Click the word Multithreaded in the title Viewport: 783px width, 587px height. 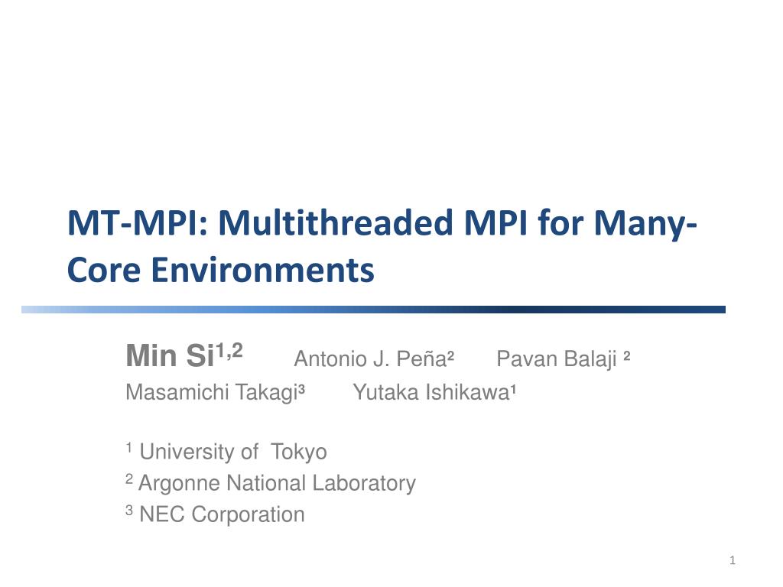pyautogui.click(x=336, y=222)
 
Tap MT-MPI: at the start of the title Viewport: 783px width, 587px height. pyautogui.click(x=138, y=222)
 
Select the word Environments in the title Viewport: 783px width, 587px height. pyautogui.click(x=263, y=270)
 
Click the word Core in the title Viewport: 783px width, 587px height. pyautogui.click(x=104, y=270)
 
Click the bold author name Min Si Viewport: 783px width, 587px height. pyautogui.click(x=171, y=355)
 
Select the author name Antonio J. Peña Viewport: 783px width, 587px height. pyautogui.click(x=370, y=359)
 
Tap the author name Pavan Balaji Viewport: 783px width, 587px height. pyautogui.click(x=557, y=359)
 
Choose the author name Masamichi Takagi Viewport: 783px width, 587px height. pyautogui.click(x=212, y=392)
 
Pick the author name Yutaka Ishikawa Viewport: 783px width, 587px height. pyautogui.click(x=431, y=392)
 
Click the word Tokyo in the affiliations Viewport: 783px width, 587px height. pyautogui.click(x=299, y=452)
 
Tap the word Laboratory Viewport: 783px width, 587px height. pyautogui.click(x=363, y=484)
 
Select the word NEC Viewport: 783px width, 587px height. pyautogui.click(x=162, y=514)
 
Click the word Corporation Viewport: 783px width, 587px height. pyautogui.click(x=248, y=514)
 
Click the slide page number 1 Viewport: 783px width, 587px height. pyautogui.click(x=733, y=560)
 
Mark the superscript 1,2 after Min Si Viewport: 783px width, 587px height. pyautogui.click(x=229, y=351)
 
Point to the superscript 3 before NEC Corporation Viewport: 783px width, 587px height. pyautogui.click(x=129, y=510)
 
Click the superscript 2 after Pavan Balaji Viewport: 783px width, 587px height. pyautogui.click(x=627, y=356)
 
